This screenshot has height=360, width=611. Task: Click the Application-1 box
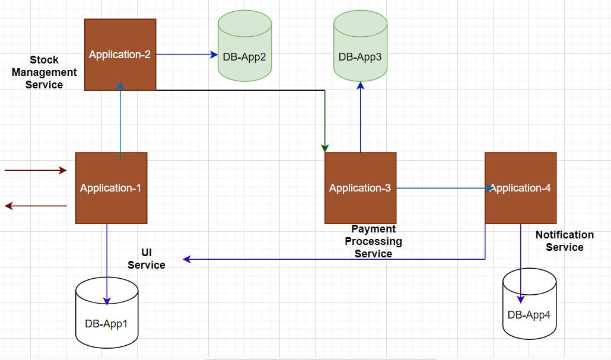pyautogui.click(x=111, y=188)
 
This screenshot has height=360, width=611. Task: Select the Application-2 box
pyautogui.click(x=120, y=55)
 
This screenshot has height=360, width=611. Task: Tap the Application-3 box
pyautogui.click(x=360, y=188)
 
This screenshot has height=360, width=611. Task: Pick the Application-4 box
pyautogui.click(x=520, y=188)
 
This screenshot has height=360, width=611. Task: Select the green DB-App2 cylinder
pyautogui.click(x=244, y=46)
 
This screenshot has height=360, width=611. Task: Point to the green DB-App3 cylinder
pyautogui.click(x=360, y=46)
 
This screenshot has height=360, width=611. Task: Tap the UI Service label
pyautogui.click(x=146, y=259)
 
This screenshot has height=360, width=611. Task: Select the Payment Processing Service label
pyautogui.click(x=373, y=241)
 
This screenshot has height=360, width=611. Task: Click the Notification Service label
pyautogui.click(x=564, y=241)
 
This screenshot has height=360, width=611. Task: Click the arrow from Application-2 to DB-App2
pyautogui.click(x=187, y=55)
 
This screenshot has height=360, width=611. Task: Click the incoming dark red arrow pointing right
pyautogui.click(x=36, y=170)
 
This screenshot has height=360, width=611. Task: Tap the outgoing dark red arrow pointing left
pyautogui.click(x=36, y=206)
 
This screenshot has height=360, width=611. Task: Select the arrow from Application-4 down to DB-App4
pyautogui.click(x=521, y=261)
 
